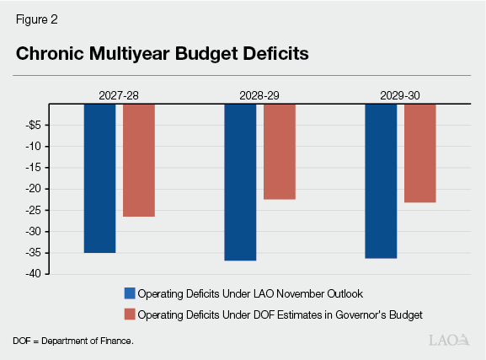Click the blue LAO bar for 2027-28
[x=99, y=178]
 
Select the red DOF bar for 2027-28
[x=139, y=160]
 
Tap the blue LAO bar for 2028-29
[x=240, y=182]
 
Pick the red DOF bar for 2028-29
[x=280, y=151]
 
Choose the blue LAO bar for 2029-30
[x=381, y=180]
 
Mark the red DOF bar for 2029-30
[x=420, y=153]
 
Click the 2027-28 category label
[x=119, y=96]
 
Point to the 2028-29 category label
[x=259, y=96]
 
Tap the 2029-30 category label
[x=400, y=96]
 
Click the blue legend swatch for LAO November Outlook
[x=129, y=293]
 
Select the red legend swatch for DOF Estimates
[x=129, y=314]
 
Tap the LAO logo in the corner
[x=449, y=341]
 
